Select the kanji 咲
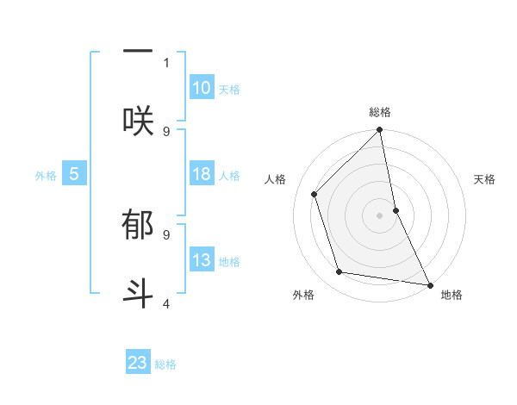pyautogui.click(x=138, y=118)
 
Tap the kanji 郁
pyautogui.click(x=138, y=227)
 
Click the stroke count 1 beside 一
pyautogui.click(x=166, y=62)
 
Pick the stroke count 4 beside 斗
pyautogui.click(x=166, y=303)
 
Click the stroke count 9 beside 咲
pyautogui.click(x=166, y=131)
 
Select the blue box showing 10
pyautogui.click(x=202, y=88)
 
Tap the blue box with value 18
pyautogui.click(x=202, y=174)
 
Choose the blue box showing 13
pyautogui.click(x=202, y=260)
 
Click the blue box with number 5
pyautogui.click(x=74, y=174)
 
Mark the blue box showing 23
pyautogui.click(x=138, y=363)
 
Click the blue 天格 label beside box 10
pyautogui.click(x=229, y=90)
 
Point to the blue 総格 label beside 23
pyautogui.click(x=165, y=364)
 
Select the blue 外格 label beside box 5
pyautogui.click(x=46, y=176)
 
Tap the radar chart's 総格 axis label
pyautogui.click(x=380, y=112)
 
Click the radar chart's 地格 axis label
pyautogui.click(x=452, y=295)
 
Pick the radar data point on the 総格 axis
pyautogui.click(x=380, y=131)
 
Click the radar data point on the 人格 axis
pyautogui.click(x=315, y=194)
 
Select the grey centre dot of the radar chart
pyautogui.click(x=380, y=215)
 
